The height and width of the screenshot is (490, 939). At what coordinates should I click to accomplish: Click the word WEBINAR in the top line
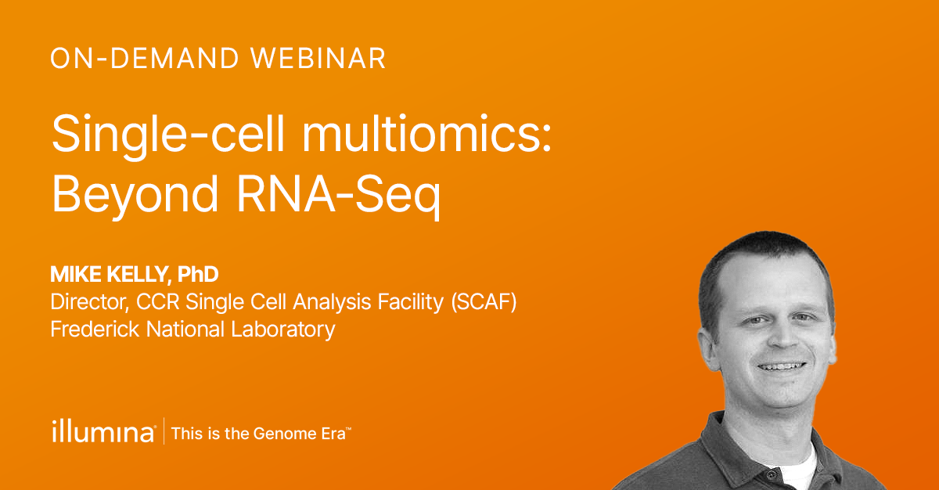[318, 58]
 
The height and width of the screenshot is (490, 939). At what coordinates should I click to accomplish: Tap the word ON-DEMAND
[145, 58]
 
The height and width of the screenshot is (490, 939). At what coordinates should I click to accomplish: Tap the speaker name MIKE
[76, 275]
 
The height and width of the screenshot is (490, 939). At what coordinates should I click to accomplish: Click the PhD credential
[198, 275]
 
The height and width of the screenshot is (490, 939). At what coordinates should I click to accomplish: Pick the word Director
[89, 302]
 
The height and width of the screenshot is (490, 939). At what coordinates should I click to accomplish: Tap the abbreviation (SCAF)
[484, 302]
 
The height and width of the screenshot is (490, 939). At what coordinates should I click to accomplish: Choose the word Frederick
[95, 330]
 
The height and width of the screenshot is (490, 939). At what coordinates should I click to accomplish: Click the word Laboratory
[283, 330]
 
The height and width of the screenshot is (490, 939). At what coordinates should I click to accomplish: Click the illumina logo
[103, 431]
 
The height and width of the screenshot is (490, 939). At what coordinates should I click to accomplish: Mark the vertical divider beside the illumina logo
[164, 431]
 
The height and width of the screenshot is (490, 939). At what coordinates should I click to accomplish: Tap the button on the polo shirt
[772, 474]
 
